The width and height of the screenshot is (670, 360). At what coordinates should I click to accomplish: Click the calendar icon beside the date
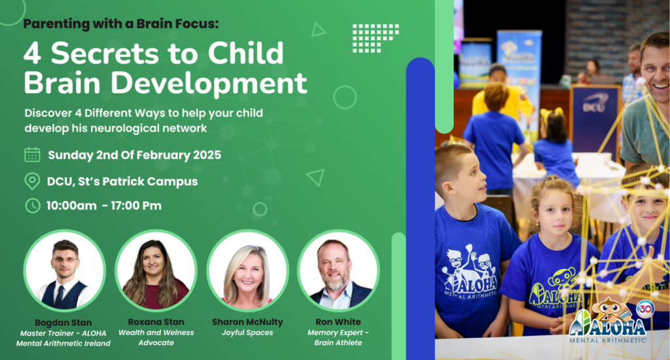pyautogui.click(x=32, y=154)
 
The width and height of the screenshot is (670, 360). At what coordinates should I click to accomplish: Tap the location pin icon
pyautogui.click(x=32, y=181)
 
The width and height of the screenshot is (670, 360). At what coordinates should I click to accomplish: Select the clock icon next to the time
pyautogui.click(x=33, y=206)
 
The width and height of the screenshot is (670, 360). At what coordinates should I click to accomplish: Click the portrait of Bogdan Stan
pyautogui.click(x=65, y=270)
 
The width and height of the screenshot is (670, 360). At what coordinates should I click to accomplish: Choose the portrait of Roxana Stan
pyautogui.click(x=156, y=270)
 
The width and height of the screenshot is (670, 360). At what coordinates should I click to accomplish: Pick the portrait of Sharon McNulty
pyautogui.click(x=247, y=270)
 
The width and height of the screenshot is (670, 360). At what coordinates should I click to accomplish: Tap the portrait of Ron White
pyautogui.click(x=338, y=270)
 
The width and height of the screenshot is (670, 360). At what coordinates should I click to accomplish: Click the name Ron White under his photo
pyautogui.click(x=338, y=322)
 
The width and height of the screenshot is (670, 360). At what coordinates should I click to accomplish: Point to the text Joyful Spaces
pyautogui.click(x=247, y=333)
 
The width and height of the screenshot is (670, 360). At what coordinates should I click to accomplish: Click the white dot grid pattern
pyautogui.click(x=376, y=38)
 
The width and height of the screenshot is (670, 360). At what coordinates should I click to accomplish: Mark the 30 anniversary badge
pyautogui.click(x=645, y=308)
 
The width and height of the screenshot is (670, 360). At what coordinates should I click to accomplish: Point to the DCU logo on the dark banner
pyautogui.click(x=593, y=104)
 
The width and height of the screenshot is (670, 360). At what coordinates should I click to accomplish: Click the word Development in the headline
pyautogui.click(x=209, y=83)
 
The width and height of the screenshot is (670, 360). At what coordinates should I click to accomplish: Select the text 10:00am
pyautogui.click(x=71, y=206)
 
